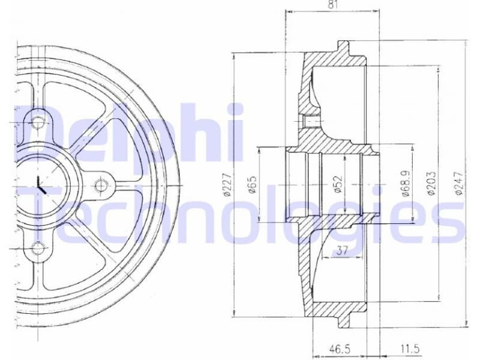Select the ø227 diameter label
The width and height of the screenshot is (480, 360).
[227, 185]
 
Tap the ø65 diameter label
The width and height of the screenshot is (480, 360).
[252, 184]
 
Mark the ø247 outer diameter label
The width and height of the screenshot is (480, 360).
[458, 184]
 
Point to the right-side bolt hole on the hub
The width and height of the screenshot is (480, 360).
[101, 184]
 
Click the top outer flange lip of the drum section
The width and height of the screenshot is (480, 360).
[343, 45]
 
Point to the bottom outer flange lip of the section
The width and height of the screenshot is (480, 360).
[343, 323]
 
